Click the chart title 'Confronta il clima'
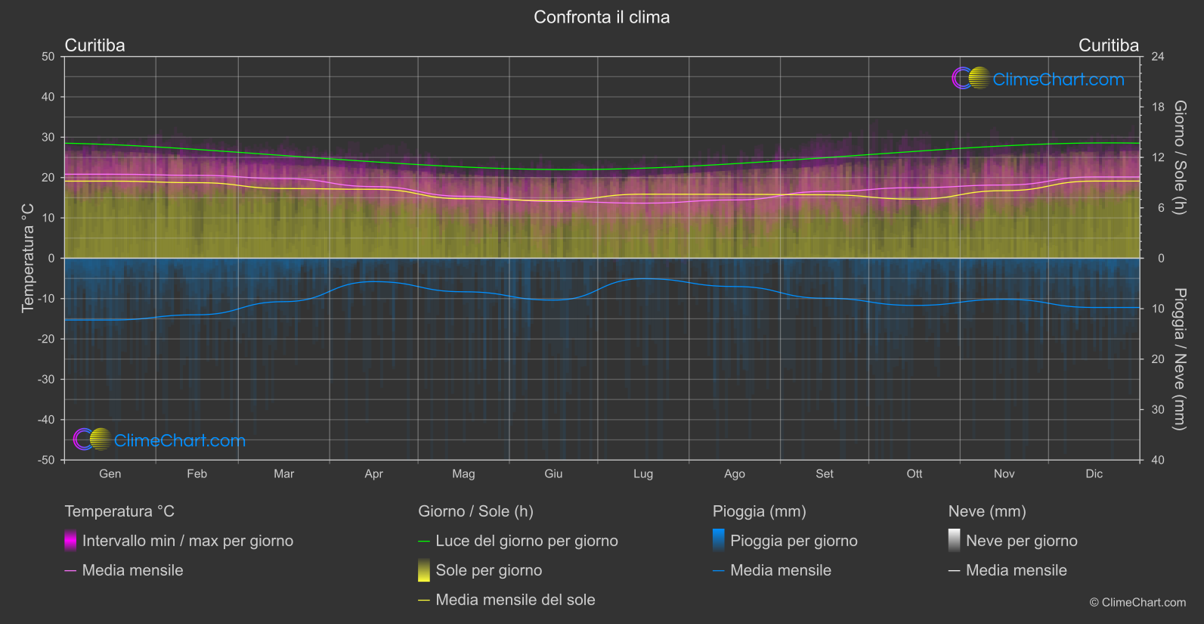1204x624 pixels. (602, 17)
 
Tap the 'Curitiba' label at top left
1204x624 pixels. (94, 45)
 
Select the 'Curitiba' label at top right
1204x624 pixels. (1108, 45)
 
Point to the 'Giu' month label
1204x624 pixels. (553, 473)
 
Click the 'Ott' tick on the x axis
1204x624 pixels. (915, 473)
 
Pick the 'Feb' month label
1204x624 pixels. (197, 473)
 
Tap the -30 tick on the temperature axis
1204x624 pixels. (47, 380)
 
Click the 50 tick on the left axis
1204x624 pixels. (48, 57)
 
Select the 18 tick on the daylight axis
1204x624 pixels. (1158, 107)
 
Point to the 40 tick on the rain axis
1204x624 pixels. (1158, 460)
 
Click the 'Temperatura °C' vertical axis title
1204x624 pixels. (28, 257)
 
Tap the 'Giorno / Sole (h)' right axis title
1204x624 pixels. (1179, 157)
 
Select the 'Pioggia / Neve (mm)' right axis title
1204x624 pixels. (1179, 359)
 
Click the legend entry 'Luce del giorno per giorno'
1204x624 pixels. (526, 541)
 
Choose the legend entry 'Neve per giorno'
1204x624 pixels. (1021, 541)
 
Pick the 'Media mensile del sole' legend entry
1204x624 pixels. (515, 600)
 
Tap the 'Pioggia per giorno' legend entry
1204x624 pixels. (794, 541)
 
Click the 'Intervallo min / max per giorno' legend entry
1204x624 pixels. (187, 541)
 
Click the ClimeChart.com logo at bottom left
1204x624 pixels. (159, 440)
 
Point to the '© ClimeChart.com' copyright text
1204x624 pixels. (1137, 603)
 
